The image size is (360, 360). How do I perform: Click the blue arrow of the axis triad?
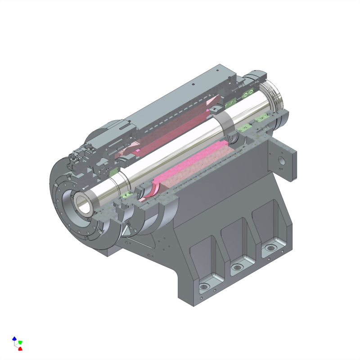[14, 338]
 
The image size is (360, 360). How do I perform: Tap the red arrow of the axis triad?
[20, 348]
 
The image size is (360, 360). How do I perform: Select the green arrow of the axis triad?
[20, 342]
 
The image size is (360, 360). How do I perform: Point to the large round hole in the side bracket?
[282, 161]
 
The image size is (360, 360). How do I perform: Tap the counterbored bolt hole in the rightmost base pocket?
[270, 248]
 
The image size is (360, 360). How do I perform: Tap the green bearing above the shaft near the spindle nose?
[113, 171]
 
